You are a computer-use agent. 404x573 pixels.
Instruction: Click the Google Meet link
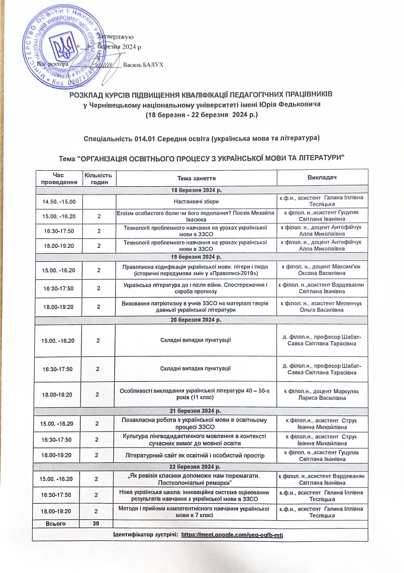232,534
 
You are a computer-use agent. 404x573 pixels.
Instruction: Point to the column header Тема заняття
196,178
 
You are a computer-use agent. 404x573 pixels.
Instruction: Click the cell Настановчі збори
196,200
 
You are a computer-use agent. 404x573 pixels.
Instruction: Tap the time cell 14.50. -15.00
57,200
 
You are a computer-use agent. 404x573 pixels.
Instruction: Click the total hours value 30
98,523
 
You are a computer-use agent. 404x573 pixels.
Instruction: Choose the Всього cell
57,523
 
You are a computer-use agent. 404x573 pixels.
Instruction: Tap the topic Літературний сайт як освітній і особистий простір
196,455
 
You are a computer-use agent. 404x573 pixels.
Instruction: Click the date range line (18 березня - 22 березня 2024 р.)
202,115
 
